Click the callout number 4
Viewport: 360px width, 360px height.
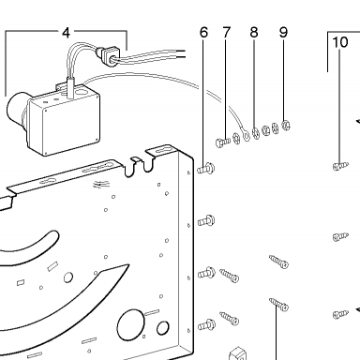(x=66, y=33)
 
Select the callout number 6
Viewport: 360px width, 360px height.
(x=203, y=33)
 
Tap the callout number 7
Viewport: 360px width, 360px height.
(x=227, y=33)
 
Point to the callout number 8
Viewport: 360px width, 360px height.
(x=254, y=33)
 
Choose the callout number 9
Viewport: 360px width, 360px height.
(x=283, y=32)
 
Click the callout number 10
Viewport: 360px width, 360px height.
(x=340, y=42)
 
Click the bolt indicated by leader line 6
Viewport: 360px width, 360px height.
(x=206, y=169)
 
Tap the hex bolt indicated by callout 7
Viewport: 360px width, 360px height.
(x=223, y=142)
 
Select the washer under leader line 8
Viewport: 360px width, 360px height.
(x=256, y=133)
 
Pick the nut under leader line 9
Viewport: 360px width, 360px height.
(x=286, y=126)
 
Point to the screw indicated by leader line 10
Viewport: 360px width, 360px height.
(x=340, y=166)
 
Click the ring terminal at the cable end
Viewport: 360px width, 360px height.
(x=247, y=135)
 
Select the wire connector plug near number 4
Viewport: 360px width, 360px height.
(x=108, y=55)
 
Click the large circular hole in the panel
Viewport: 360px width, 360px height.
(x=130, y=325)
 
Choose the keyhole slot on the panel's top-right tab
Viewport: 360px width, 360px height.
(x=164, y=151)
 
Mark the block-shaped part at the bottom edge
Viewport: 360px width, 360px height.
(x=238, y=353)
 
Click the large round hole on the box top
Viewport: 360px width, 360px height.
(x=82, y=93)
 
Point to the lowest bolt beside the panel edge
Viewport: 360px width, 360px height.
(x=206, y=324)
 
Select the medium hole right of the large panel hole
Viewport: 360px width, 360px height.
(x=162, y=328)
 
